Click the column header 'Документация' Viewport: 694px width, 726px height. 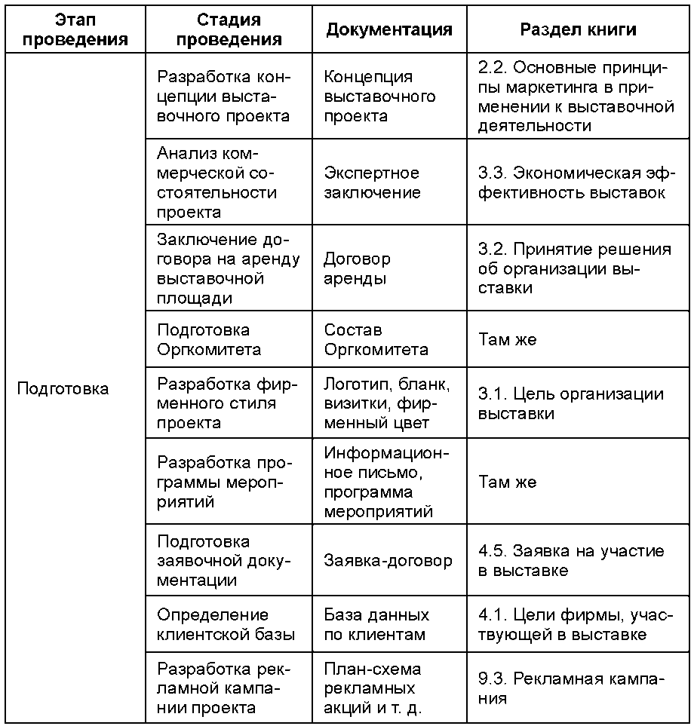(x=389, y=29)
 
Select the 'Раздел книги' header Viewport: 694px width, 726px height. (x=579, y=29)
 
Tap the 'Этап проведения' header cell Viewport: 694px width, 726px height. (x=75, y=29)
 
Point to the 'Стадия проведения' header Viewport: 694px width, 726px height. (x=229, y=29)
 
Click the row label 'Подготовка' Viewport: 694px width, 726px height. (x=63, y=389)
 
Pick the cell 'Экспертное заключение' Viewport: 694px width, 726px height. (x=372, y=182)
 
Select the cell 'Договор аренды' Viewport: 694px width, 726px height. (x=357, y=268)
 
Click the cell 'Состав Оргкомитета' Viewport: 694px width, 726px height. (x=376, y=339)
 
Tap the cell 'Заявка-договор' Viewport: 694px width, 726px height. (x=388, y=560)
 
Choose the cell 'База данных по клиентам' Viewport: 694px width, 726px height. (x=376, y=624)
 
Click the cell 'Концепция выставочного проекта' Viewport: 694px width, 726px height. (x=379, y=96)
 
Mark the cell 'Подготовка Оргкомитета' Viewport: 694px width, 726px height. (x=209, y=339)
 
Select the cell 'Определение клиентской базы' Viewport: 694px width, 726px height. (x=226, y=624)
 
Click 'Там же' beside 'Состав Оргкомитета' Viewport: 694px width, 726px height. (x=507, y=339)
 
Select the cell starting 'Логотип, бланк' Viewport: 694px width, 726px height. (x=386, y=403)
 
